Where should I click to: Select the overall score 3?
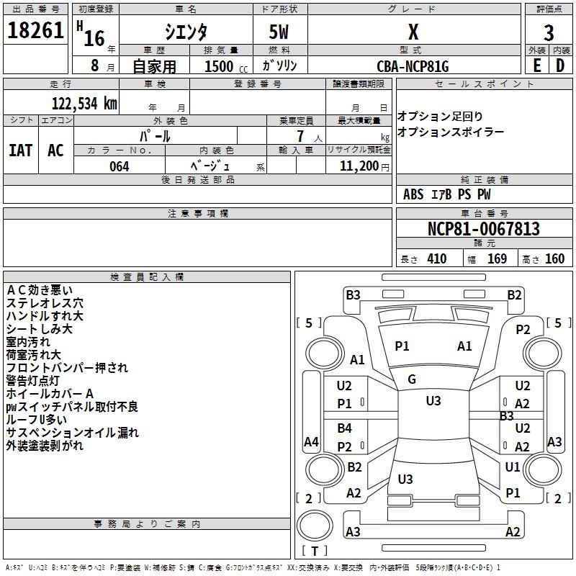[x=549, y=32]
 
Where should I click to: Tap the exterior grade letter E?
[x=536, y=66]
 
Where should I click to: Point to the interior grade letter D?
[x=560, y=66]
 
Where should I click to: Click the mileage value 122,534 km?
[x=84, y=103]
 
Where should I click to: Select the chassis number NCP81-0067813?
[x=483, y=230]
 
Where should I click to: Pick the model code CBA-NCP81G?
[x=413, y=66]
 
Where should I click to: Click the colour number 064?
[x=119, y=166]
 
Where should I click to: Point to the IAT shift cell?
[x=20, y=150]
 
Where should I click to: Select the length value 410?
[x=436, y=258]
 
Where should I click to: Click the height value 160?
[x=554, y=258]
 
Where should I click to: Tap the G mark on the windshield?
[x=412, y=379]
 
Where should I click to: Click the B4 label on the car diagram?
[x=345, y=428]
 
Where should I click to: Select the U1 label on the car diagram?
[x=512, y=467]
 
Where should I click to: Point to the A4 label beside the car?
[x=311, y=441]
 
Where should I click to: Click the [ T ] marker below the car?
[x=315, y=551]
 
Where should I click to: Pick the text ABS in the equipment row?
[x=413, y=194]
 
